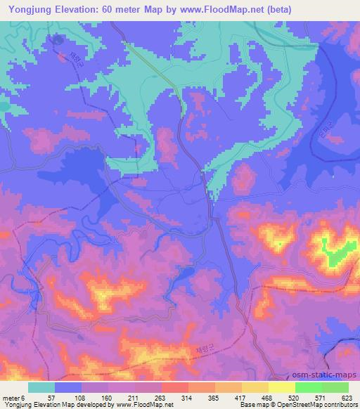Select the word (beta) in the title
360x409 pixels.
point(278,10)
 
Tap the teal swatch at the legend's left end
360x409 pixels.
point(41,387)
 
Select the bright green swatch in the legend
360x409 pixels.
point(321,387)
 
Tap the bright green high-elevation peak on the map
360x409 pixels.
point(336,250)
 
